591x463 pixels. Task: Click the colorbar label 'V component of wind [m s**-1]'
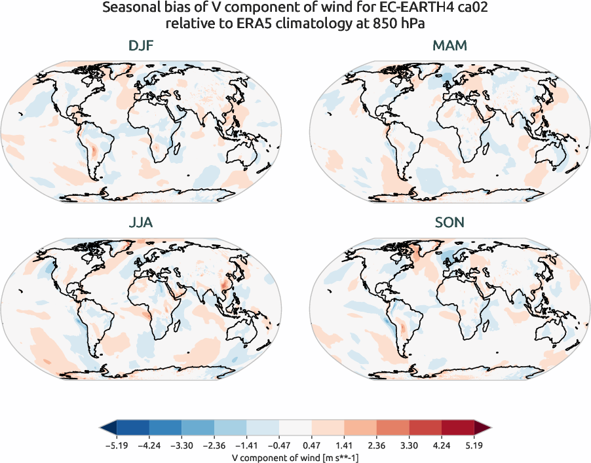[x=295, y=458]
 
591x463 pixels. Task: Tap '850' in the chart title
[x=378, y=24]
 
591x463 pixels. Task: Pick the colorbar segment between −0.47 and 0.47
[x=295, y=428]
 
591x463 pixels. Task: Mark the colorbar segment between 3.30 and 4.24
[x=425, y=428]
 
